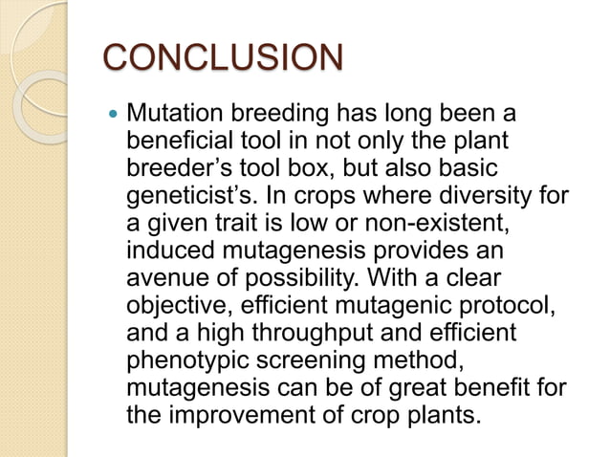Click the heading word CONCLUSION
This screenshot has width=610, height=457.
(x=222, y=56)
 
